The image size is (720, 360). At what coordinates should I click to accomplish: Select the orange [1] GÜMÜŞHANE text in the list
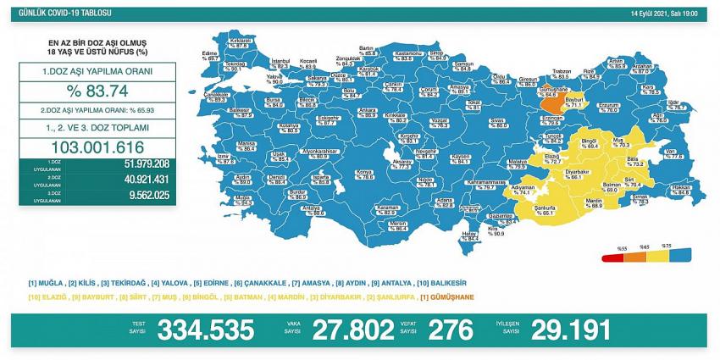tap(448, 296)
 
